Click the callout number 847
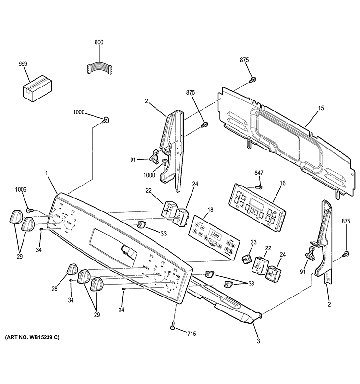click(259, 173)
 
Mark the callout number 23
click(253, 243)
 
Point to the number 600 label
click(99, 43)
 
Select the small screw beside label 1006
click(30, 210)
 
